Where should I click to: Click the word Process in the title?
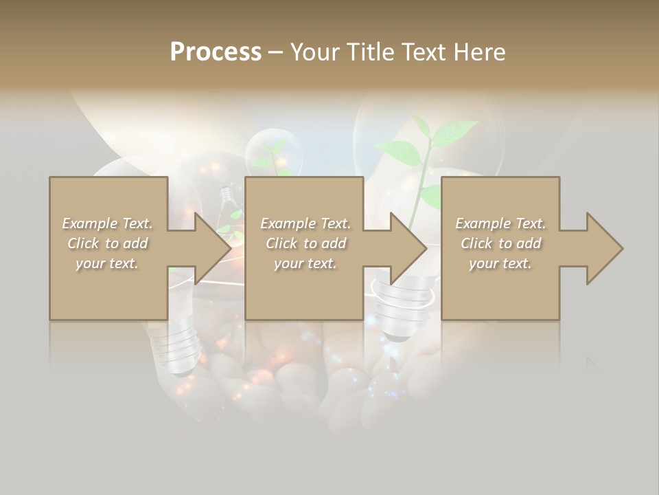pyautogui.click(x=216, y=52)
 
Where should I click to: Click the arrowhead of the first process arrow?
pyautogui.click(x=213, y=248)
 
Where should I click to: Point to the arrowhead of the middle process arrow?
pyautogui.click(x=409, y=248)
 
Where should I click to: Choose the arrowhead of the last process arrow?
pyautogui.click(x=605, y=248)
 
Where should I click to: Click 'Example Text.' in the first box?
pyautogui.click(x=108, y=223)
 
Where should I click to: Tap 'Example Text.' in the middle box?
pyautogui.click(x=305, y=223)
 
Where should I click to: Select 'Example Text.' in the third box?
pyautogui.click(x=500, y=223)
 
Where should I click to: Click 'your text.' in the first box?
pyautogui.click(x=108, y=263)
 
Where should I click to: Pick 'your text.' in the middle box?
pyautogui.click(x=305, y=263)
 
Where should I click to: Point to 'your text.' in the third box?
pyautogui.click(x=500, y=263)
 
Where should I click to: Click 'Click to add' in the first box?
pyautogui.click(x=108, y=243)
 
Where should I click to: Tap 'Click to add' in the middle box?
pyautogui.click(x=305, y=243)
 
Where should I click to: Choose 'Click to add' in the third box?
pyautogui.click(x=500, y=243)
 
